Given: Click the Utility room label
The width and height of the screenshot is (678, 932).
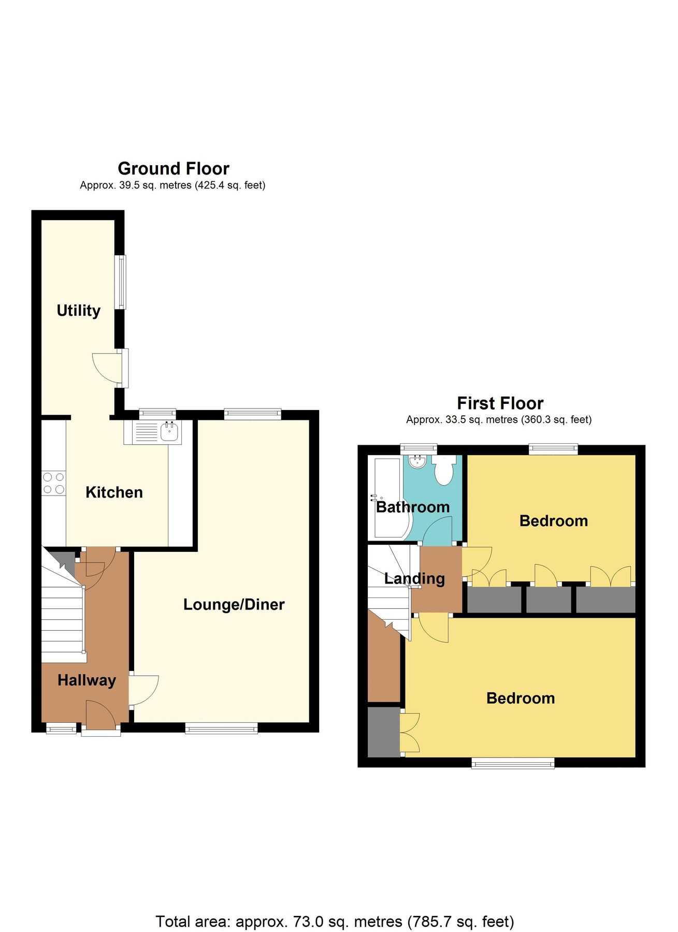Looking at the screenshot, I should click(78, 311).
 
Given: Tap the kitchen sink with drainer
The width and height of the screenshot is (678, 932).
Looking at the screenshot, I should click(153, 432).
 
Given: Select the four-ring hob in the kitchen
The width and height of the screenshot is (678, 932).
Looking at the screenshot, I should click(54, 483).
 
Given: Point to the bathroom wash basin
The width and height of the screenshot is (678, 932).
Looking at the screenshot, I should click(417, 461).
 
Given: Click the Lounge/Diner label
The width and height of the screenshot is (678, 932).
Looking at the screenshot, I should click(234, 604).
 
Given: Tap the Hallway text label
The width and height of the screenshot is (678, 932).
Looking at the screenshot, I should click(86, 680).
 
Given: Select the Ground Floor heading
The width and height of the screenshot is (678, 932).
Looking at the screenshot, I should click(174, 169).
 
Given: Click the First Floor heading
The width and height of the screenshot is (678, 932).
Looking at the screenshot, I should click(500, 403).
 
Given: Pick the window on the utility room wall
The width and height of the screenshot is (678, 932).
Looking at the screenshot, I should click(121, 282).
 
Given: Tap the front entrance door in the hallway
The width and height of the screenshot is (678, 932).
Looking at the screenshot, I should click(101, 717).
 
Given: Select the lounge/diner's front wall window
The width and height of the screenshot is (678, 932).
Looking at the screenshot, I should click(222, 729).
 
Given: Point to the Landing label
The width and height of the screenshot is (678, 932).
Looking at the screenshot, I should click(414, 578).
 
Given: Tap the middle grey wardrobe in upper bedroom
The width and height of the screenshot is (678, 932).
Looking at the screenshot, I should click(549, 600).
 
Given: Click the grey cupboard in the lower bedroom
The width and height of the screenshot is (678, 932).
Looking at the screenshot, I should click(384, 732).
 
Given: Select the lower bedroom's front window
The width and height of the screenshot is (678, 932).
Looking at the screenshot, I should click(513, 763).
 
